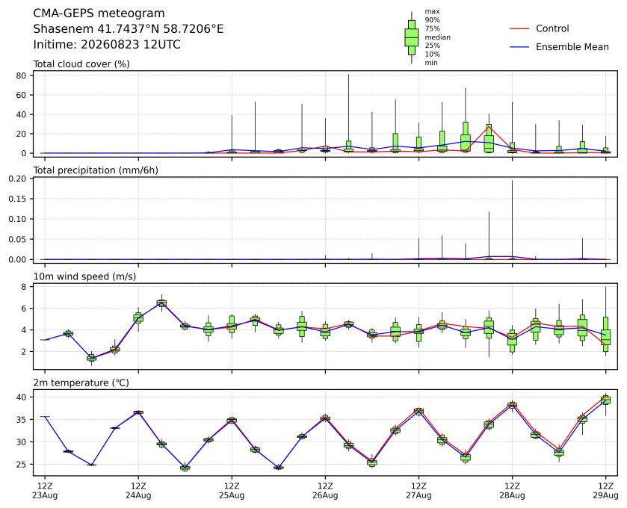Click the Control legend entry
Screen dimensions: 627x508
tap(539, 28)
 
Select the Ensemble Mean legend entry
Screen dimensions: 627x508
tap(559, 47)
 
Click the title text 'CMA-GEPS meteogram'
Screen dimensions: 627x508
tap(99, 13)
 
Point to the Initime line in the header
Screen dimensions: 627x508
tap(107, 44)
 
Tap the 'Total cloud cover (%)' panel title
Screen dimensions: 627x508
tap(81, 64)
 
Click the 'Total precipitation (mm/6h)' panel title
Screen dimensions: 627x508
tap(96, 170)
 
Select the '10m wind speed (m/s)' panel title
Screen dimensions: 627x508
tap(84, 276)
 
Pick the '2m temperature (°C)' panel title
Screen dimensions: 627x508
tap(81, 383)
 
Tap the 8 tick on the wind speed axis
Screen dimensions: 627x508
tap(24, 287)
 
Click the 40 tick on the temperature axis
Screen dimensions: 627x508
tap(22, 397)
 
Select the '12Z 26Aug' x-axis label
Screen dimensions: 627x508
tap(325, 491)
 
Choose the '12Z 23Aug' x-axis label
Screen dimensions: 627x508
tap(45, 491)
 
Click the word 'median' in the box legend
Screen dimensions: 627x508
tap(437, 37)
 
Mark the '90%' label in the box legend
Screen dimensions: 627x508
tap(432, 20)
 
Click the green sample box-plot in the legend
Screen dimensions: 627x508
tap(412, 37)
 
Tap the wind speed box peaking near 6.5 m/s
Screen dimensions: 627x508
tap(161, 303)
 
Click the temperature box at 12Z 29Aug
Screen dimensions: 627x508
tap(606, 400)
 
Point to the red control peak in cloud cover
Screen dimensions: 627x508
tap(489, 127)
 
